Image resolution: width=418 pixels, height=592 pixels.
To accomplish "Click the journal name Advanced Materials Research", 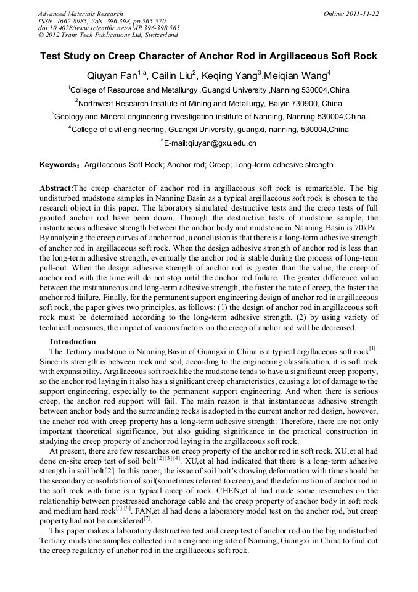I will [x=80, y=14].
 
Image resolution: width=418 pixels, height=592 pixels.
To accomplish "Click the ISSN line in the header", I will [x=92, y=21].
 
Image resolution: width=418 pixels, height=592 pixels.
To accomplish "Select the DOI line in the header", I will [x=109, y=28].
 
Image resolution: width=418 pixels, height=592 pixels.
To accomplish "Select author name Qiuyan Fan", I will [x=109, y=76].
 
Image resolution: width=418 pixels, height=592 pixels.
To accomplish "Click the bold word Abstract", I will [x=56, y=187].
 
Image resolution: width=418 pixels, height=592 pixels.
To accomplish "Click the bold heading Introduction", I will [x=73, y=342].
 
